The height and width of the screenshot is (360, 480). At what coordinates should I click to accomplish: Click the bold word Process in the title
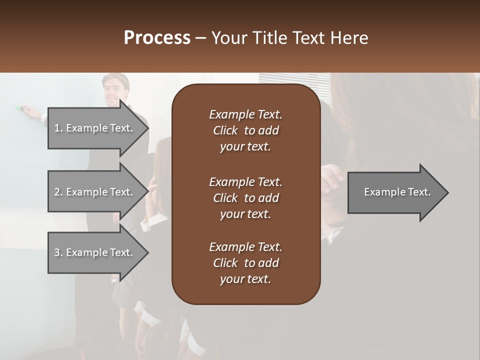pos(157,38)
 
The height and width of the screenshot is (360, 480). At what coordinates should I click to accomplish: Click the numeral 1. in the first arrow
pos(58,128)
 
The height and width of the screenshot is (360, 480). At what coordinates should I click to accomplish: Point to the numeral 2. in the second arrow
pos(58,192)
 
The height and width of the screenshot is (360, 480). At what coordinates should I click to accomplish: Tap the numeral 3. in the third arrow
pos(58,252)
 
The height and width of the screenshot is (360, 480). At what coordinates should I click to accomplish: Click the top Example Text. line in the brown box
pos(245,114)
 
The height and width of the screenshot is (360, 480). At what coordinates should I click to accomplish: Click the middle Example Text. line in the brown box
pos(245,182)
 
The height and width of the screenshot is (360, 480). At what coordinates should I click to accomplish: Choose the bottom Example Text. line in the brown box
pos(245,247)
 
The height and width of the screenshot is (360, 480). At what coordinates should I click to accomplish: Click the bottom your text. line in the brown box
pos(245,279)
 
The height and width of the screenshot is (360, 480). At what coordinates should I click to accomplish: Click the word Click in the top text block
pos(225,130)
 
